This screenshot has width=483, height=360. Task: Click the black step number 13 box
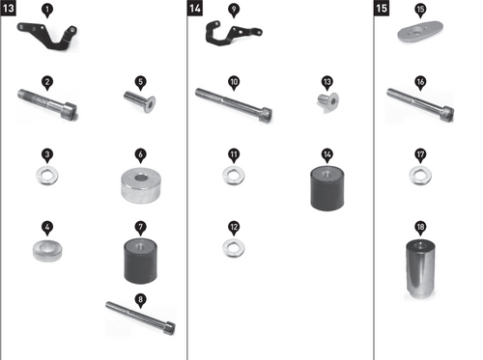click(9, 8)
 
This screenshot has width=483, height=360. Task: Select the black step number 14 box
click(195, 8)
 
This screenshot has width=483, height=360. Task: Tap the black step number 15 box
click(382, 8)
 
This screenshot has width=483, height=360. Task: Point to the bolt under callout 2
click(47, 104)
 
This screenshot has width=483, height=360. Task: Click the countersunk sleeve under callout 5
click(140, 101)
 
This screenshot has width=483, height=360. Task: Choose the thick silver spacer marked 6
click(141, 185)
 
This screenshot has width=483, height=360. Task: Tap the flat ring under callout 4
click(47, 250)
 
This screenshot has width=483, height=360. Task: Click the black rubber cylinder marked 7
click(141, 261)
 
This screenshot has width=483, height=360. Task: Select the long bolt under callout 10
click(234, 105)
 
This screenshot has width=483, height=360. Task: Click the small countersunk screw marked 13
click(327, 102)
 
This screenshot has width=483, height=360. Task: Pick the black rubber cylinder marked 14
click(327, 188)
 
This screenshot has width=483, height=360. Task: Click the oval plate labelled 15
click(420, 31)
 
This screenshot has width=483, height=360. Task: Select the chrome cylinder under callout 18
click(420, 269)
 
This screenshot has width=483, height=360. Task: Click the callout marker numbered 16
click(420, 83)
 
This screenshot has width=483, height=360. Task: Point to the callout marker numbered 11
click(234, 155)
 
